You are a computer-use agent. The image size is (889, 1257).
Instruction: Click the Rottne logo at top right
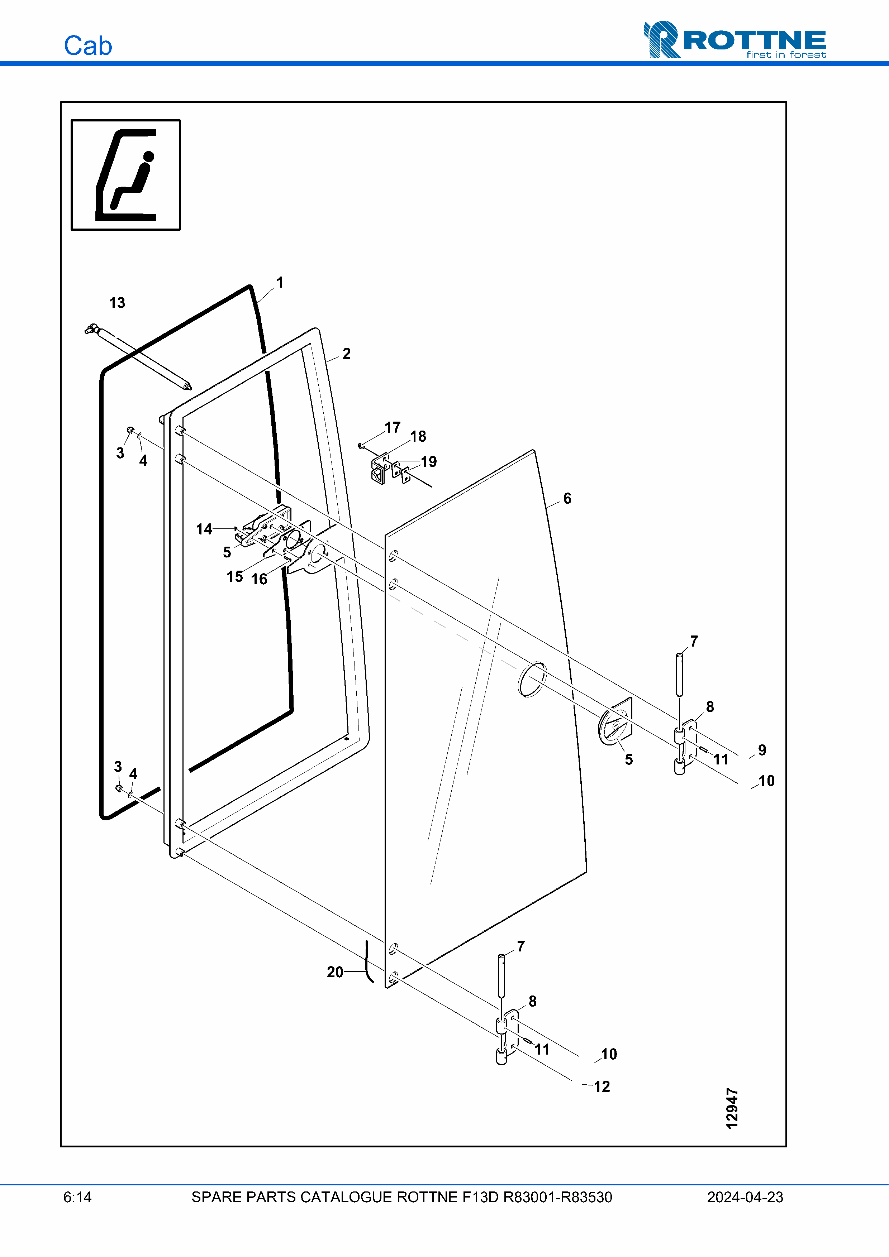[x=735, y=39]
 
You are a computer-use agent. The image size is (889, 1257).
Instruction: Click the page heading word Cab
[x=88, y=45]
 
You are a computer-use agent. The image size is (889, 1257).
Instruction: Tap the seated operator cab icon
[x=126, y=175]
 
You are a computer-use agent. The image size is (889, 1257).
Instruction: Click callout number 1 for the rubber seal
[x=280, y=283]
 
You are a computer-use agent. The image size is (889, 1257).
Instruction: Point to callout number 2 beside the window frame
[x=347, y=354]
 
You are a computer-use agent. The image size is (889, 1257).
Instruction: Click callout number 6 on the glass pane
[x=567, y=498]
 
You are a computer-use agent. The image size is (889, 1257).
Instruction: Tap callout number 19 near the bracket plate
[x=429, y=461]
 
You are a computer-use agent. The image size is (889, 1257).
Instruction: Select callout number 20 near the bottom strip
[x=335, y=972]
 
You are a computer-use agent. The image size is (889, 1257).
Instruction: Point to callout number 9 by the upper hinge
[x=762, y=750]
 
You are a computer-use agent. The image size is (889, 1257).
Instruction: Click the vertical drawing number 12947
[x=732, y=1108]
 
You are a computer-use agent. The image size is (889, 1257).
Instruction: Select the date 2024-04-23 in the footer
[x=745, y=1197]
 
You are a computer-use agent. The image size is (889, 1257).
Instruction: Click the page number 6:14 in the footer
[x=77, y=1197]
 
